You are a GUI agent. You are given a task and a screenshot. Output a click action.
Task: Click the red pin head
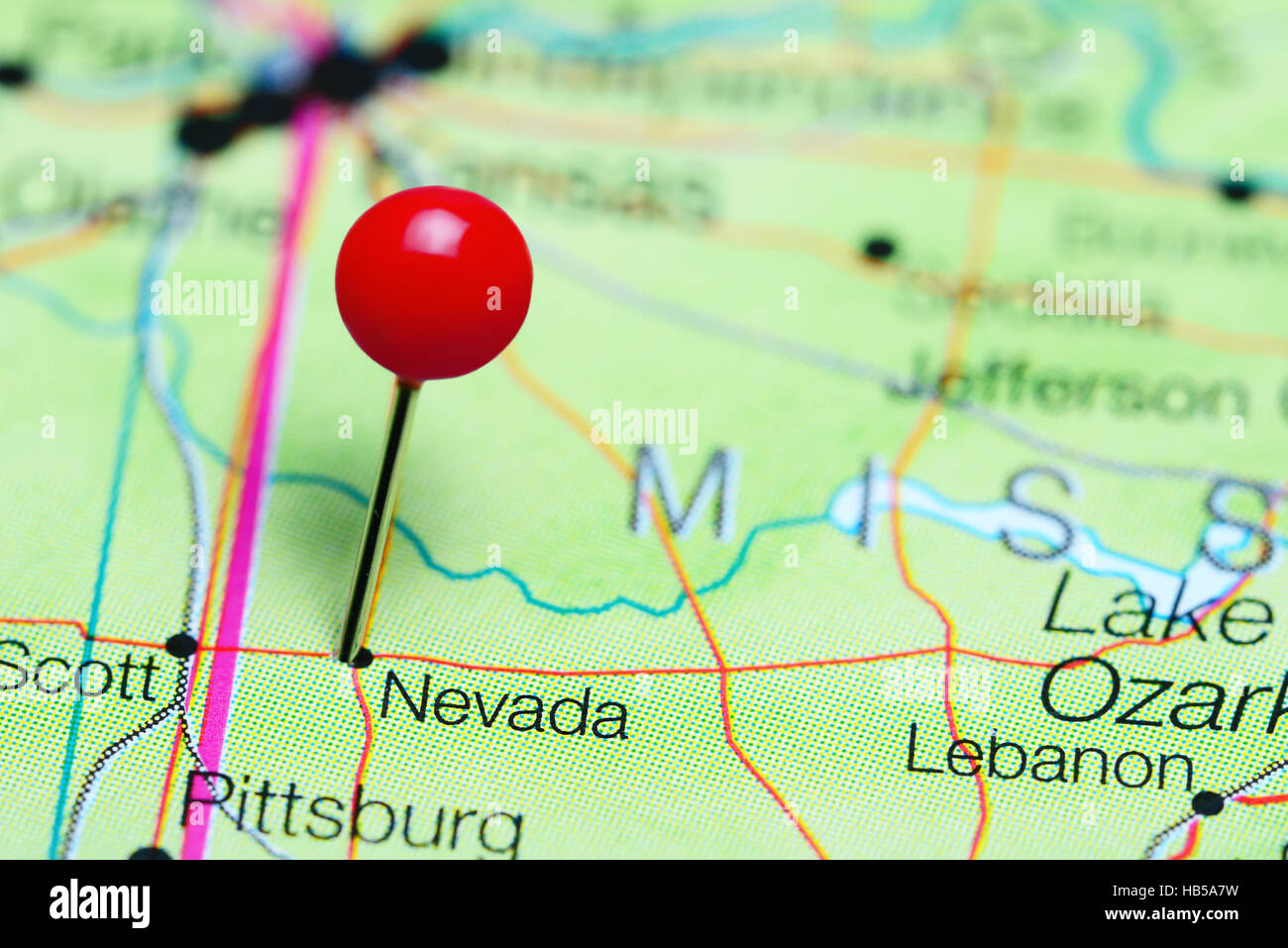click(433, 284)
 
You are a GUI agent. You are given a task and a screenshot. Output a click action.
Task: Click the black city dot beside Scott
click(181, 646)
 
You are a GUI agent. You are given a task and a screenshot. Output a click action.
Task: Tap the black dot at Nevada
click(362, 657)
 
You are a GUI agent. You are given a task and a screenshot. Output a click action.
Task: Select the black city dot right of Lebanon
click(1207, 802)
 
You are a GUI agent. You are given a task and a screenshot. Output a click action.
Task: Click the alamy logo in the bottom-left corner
click(100, 903)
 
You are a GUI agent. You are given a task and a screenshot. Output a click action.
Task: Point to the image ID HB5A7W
click(1181, 888)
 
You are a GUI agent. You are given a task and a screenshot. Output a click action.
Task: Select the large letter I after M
click(871, 511)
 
